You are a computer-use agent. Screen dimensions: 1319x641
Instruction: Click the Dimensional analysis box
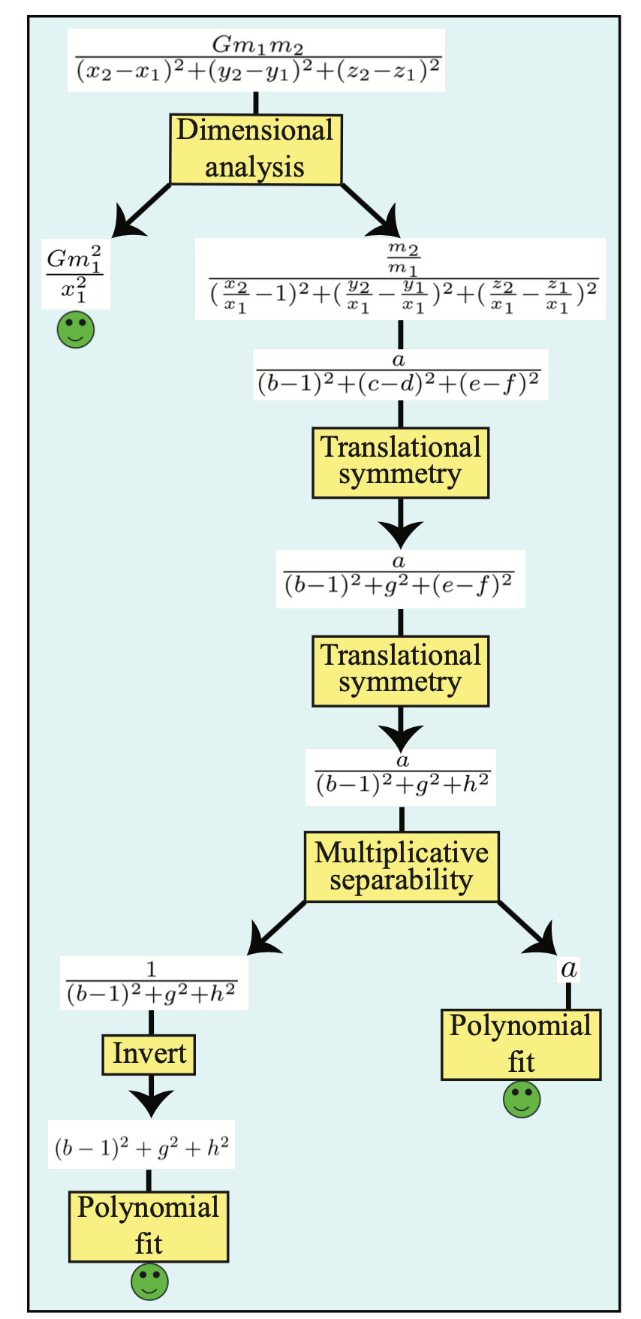255,149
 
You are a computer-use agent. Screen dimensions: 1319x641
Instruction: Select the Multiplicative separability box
402,866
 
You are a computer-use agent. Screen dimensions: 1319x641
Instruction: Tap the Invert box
149,1054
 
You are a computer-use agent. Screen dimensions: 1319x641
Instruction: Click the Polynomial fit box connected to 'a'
521,1044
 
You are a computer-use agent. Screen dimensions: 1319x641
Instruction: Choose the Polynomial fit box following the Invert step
149,1226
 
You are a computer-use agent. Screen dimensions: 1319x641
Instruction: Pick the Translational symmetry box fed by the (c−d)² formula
401,463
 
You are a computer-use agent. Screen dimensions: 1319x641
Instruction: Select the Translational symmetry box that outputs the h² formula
401,671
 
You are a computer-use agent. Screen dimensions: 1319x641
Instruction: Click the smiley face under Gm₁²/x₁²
76,330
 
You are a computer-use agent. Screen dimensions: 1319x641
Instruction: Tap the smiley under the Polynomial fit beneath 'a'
522,1100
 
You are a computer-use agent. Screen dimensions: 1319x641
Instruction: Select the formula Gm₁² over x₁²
75,275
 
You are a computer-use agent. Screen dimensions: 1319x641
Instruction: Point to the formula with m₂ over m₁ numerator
401,279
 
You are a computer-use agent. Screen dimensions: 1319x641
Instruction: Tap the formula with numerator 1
153,983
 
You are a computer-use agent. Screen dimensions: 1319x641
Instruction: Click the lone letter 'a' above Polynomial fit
569,969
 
